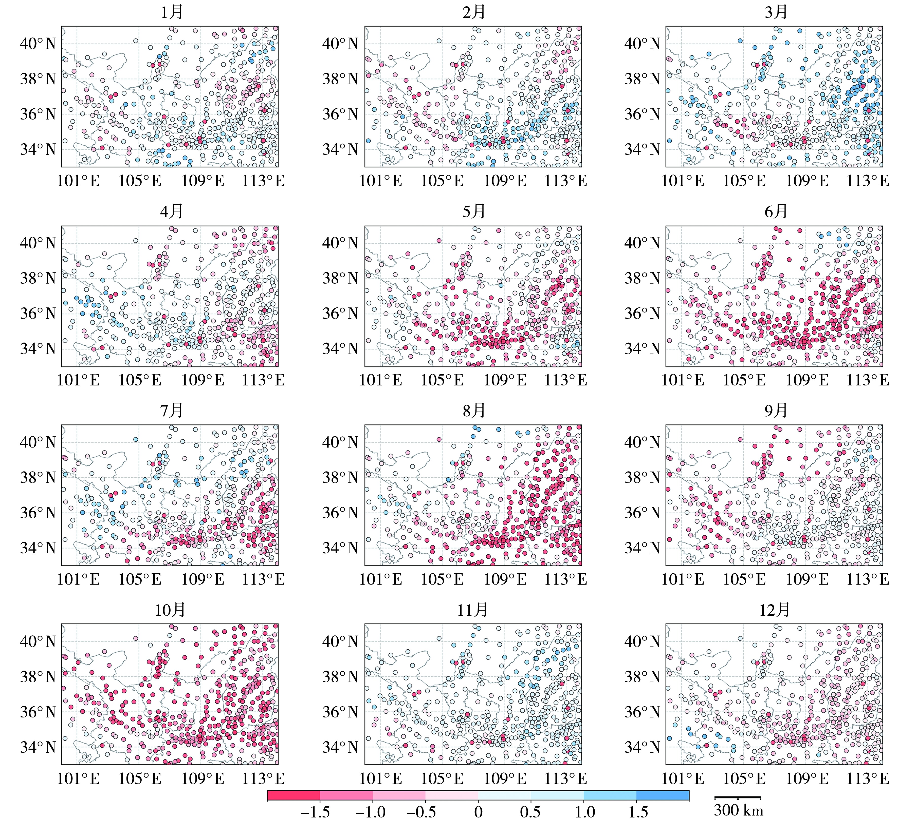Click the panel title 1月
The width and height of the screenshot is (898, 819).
pos(172,12)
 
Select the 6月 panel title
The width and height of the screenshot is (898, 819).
pos(776,211)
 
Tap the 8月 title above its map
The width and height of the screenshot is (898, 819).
pos(473,411)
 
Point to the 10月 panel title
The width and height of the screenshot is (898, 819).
pos(170,610)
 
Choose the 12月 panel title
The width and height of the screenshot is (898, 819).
pos(774,610)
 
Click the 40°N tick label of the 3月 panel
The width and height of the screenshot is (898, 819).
pos(642,44)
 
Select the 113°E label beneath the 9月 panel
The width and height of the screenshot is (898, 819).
pos(867,579)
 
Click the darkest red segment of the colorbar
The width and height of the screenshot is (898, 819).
pos(294,795)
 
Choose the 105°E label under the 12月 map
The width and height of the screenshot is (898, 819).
pos(744,778)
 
